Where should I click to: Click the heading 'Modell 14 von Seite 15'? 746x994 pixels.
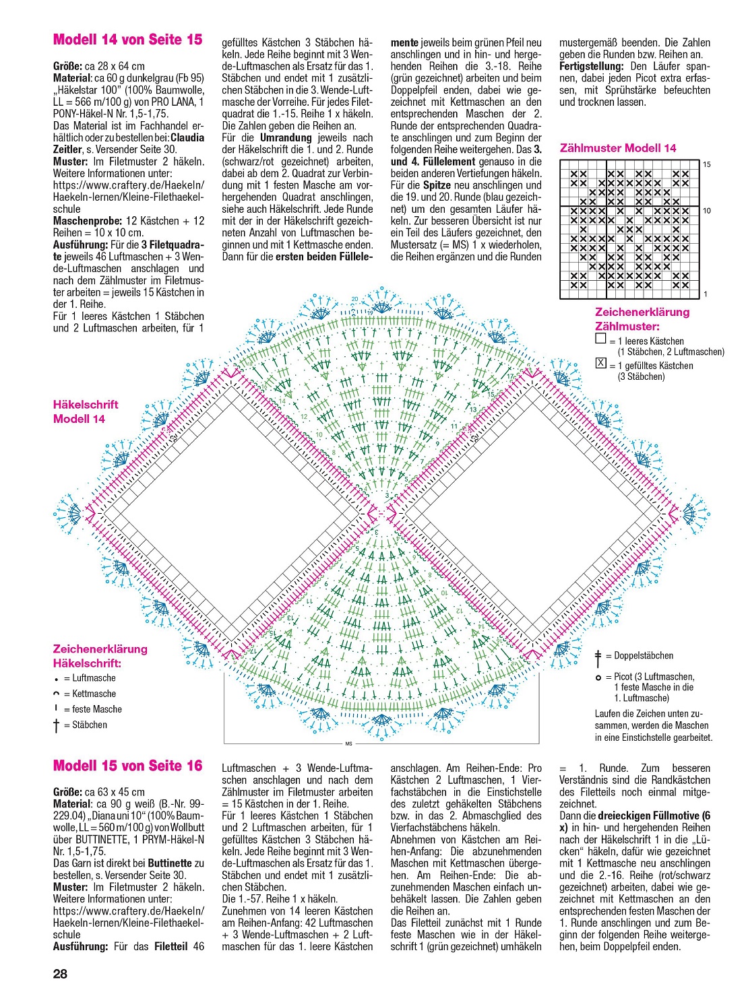click(x=127, y=40)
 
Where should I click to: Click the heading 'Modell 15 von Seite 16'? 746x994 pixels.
click(x=127, y=766)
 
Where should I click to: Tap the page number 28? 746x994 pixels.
click(x=60, y=974)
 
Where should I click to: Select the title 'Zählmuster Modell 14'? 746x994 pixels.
click(x=618, y=148)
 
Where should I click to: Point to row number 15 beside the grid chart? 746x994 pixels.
click(x=707, y=164)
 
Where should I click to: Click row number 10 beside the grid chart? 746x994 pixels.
click(x=707, y=211)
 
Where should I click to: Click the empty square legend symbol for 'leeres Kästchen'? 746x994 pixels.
click(x=600, y=339)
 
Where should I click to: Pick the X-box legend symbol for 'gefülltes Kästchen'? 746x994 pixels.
click(x=600, y=364)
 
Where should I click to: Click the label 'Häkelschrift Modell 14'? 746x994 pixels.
click(x=86, y=411)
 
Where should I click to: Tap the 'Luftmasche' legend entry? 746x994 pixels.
click(x=90, y=678)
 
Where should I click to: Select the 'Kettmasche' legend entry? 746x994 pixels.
click(x=90, y=694)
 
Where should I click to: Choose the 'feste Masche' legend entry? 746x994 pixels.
click(x=92, y=709)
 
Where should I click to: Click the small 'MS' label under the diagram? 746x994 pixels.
click(x=348, y=744)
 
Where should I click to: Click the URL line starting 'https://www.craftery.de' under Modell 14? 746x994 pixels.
click(x=128, y=185)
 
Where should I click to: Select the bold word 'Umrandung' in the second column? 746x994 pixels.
click(x=286, y=137)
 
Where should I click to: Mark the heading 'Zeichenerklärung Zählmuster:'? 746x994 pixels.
click(x=642, y=319)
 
